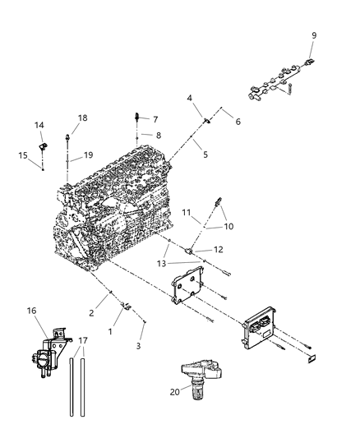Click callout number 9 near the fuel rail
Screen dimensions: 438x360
(x=313, y=35)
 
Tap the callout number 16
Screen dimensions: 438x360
(x=31, y=311)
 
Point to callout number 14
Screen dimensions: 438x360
(x=39, y=125)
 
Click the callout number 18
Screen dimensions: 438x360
(x=82, y=118)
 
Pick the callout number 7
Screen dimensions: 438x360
(x=155, y=119)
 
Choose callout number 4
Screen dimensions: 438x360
(x=189, y=99)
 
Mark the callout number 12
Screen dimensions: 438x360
(x=217, y=249)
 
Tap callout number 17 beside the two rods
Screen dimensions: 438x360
(x=82, y=340)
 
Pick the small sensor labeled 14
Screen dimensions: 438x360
(x=62, y=142)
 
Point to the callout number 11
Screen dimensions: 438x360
(x=187, y=212)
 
